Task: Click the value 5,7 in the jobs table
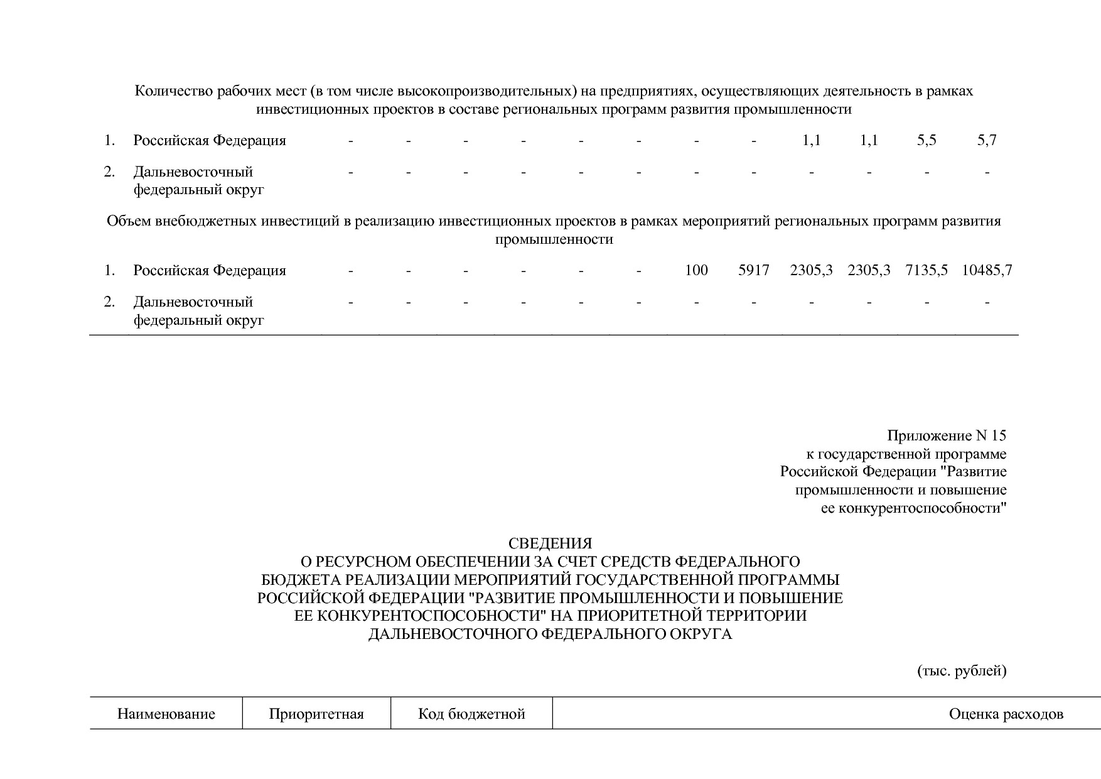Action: [987, 141]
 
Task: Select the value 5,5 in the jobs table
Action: [926, 141]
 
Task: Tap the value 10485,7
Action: [987, 271]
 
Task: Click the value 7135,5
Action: [926, 271]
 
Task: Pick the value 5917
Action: [753, 271]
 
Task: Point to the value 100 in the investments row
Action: [696, 271]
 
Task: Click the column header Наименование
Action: [166, 714]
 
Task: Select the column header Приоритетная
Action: [316, 714]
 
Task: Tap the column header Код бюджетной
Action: [471, 714]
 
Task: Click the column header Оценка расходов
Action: [1006, 714]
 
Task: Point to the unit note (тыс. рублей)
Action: [962, 671]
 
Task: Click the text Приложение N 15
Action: [947, 436]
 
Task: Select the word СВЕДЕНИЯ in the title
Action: [550, 543]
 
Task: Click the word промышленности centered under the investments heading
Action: [554, 239]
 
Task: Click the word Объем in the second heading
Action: [130, 221]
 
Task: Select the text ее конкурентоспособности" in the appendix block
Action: [913, 508]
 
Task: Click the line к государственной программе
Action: [906, 454]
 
